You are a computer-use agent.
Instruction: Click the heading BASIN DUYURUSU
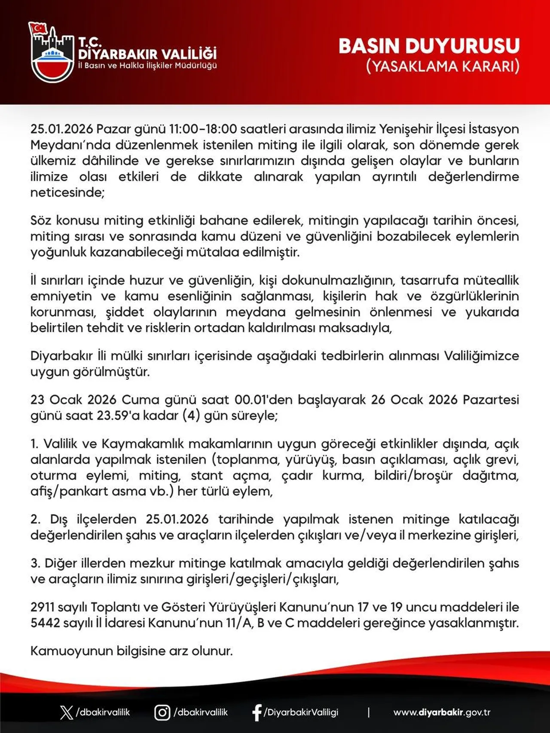[x=429, y=46]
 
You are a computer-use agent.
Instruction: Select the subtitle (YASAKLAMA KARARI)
[x=443, y=67]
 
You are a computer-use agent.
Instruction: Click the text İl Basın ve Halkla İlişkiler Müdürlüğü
[x=147, y=66]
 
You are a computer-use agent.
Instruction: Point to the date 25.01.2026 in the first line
[x=61, y=129]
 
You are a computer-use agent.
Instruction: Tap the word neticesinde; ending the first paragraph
[x=67, y=192]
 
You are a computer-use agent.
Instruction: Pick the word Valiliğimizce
[x=481, y=356]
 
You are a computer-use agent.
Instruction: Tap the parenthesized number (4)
[x=191, y=415]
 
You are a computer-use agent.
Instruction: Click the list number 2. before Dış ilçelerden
[x=35, y=519]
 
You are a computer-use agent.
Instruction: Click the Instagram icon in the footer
[x=162, y=712]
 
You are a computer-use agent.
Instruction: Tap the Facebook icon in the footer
[x=257, y=712]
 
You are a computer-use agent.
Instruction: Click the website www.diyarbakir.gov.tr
[x=442, y=712]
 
